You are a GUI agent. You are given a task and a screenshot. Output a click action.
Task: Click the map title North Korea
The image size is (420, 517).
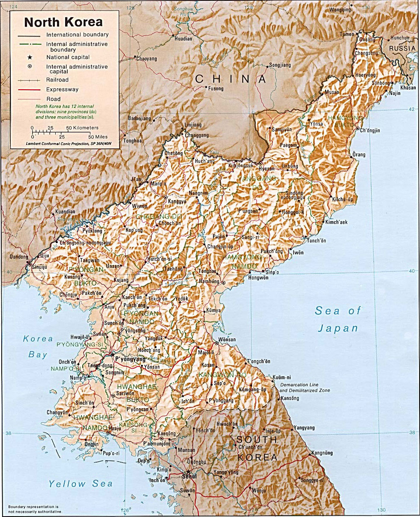pos(63,22)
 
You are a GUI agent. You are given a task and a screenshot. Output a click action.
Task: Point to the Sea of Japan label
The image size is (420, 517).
pos(338,319)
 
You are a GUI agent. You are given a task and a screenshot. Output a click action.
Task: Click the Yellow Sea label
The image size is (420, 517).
pos(81,484)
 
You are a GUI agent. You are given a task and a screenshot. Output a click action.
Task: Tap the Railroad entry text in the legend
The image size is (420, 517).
pos(57,80)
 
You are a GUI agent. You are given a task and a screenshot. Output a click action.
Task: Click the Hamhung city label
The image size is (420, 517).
pos(209,281)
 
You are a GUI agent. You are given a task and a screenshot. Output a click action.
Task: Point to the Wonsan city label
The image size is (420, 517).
pos(227,339)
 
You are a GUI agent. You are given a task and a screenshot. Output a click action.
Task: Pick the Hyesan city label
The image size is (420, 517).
pos(266,169)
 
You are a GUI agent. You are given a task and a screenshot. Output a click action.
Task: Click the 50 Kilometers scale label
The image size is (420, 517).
pos(82,128)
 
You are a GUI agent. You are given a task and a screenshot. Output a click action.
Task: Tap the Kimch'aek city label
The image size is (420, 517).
pos(336,222)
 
